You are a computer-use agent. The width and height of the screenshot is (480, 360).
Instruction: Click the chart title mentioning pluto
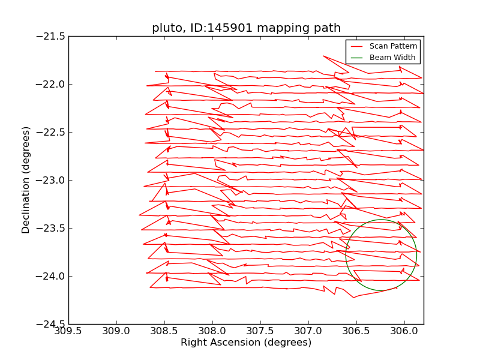point(246,28)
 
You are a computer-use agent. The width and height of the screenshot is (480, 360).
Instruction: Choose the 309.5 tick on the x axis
point(68,332)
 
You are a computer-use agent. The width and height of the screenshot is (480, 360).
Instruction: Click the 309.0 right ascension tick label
point(116,332)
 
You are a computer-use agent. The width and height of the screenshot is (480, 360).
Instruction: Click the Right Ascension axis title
point(246,343)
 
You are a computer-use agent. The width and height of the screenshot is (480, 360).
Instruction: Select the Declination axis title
point(26,180)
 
